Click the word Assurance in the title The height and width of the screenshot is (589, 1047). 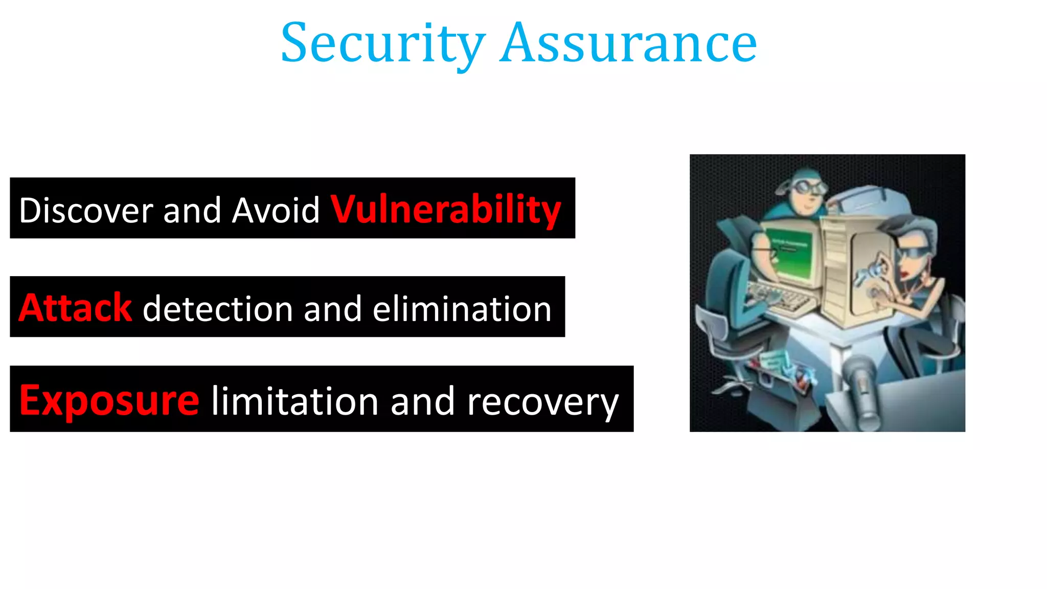click(629, 44)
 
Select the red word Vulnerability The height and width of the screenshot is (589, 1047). click(446, 209)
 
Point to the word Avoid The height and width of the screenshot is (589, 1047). click(276, 210)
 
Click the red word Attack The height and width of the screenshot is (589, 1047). click(75, 308)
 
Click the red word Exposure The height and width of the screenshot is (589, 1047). click(109, 400)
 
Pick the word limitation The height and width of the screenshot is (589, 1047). click(294, 401)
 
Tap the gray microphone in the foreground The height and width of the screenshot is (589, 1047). click(861, 389)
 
